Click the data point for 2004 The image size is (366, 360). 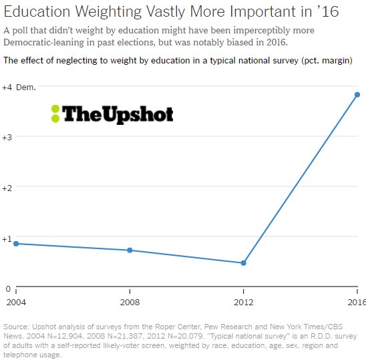coord(16,244)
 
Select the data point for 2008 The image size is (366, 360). coord(130,250)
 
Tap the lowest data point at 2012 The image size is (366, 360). coord(244,263)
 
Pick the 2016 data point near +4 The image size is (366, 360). coord(357,95)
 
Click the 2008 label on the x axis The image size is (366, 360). coord(130,303)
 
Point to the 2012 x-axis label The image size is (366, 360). coord(244,303)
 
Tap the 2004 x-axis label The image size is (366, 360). coord(16,303)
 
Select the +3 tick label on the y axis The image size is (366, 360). coord(7,138)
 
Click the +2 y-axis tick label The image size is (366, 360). coord(7,188)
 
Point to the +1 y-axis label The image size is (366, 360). coord(7,239)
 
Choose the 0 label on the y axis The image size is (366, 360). coord(8,289)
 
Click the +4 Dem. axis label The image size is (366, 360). coord(19,87)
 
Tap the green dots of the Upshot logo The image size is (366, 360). coord(55,114)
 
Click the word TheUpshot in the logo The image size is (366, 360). coord(118,114)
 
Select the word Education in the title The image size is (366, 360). coord(37,11)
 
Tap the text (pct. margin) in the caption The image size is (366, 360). coord(327,61)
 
